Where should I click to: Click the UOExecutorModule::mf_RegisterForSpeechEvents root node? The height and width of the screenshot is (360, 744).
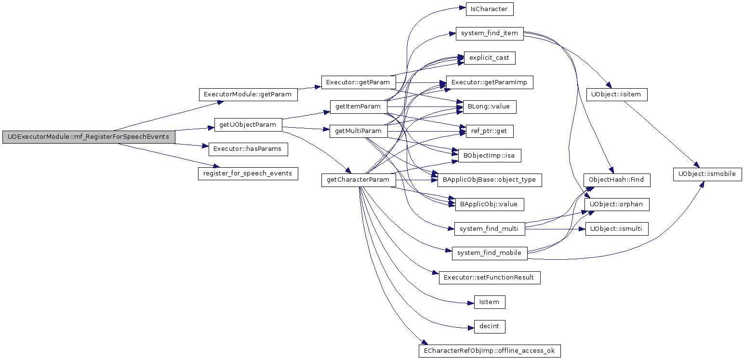(89, 137)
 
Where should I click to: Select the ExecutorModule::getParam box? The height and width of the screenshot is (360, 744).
(248, 94)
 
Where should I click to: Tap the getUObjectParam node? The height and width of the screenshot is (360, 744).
(248, 125)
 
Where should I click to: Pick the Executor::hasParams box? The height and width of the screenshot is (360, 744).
(248, 149)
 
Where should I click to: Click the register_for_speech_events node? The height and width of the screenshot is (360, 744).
(248, 173)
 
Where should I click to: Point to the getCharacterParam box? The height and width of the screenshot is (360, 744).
(359, 180)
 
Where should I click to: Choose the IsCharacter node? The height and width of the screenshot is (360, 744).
(490, 9)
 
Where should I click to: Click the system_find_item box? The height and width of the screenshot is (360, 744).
(490, 34)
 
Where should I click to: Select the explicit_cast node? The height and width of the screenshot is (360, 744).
(490, 58)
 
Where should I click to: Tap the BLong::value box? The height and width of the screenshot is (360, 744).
(490, 107)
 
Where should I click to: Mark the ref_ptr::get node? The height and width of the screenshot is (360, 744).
(490, 131)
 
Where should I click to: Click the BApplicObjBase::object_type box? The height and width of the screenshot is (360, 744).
(490, 180)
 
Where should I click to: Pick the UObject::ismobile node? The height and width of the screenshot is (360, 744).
(707, 174)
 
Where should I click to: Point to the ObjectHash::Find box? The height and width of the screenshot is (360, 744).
(617, 180)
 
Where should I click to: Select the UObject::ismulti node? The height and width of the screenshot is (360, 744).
(617, 229)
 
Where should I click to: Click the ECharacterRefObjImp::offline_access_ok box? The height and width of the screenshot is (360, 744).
(490, 351)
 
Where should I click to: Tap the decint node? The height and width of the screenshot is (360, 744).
(490, 326)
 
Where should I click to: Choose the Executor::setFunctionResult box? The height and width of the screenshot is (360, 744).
(490, 278)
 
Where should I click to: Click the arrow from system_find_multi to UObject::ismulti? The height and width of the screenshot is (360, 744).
(555, 229)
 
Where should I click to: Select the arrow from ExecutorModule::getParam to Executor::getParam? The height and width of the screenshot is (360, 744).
(309, 88)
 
